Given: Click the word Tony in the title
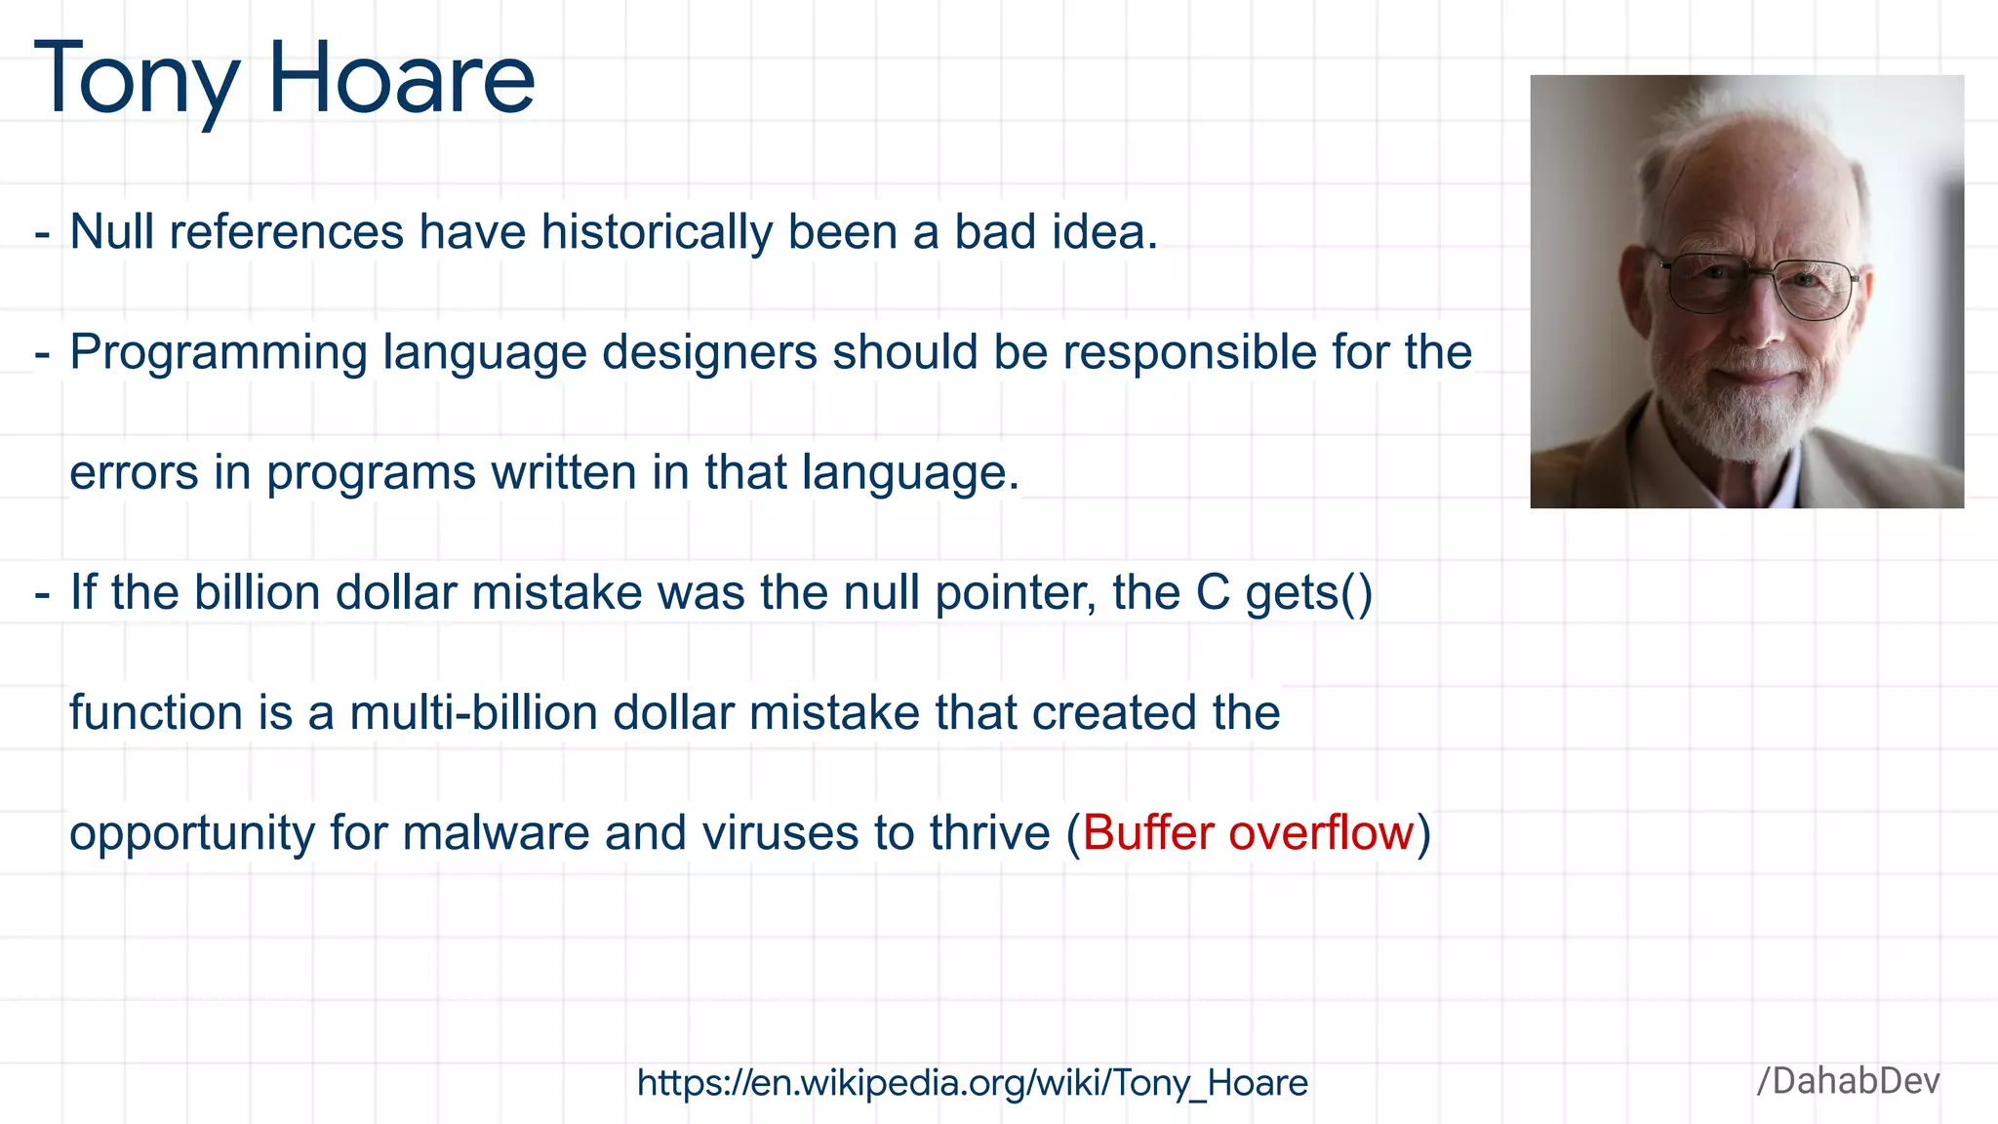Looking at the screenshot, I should [x=137, y=80].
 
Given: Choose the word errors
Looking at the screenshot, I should [x=134, y=473].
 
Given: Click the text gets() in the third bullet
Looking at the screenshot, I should [x=1308, y=593].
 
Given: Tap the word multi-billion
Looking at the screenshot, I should [x=473, y=713].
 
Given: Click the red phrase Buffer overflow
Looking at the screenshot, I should [x=1248, y=833].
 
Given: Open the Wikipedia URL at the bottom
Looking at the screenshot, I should [x=972, y=1083].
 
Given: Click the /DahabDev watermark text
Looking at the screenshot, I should [x=1848, y=1081].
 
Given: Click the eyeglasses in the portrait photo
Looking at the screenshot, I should [x=1761, y=286].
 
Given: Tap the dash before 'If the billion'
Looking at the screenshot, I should [x=42, y=594].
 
